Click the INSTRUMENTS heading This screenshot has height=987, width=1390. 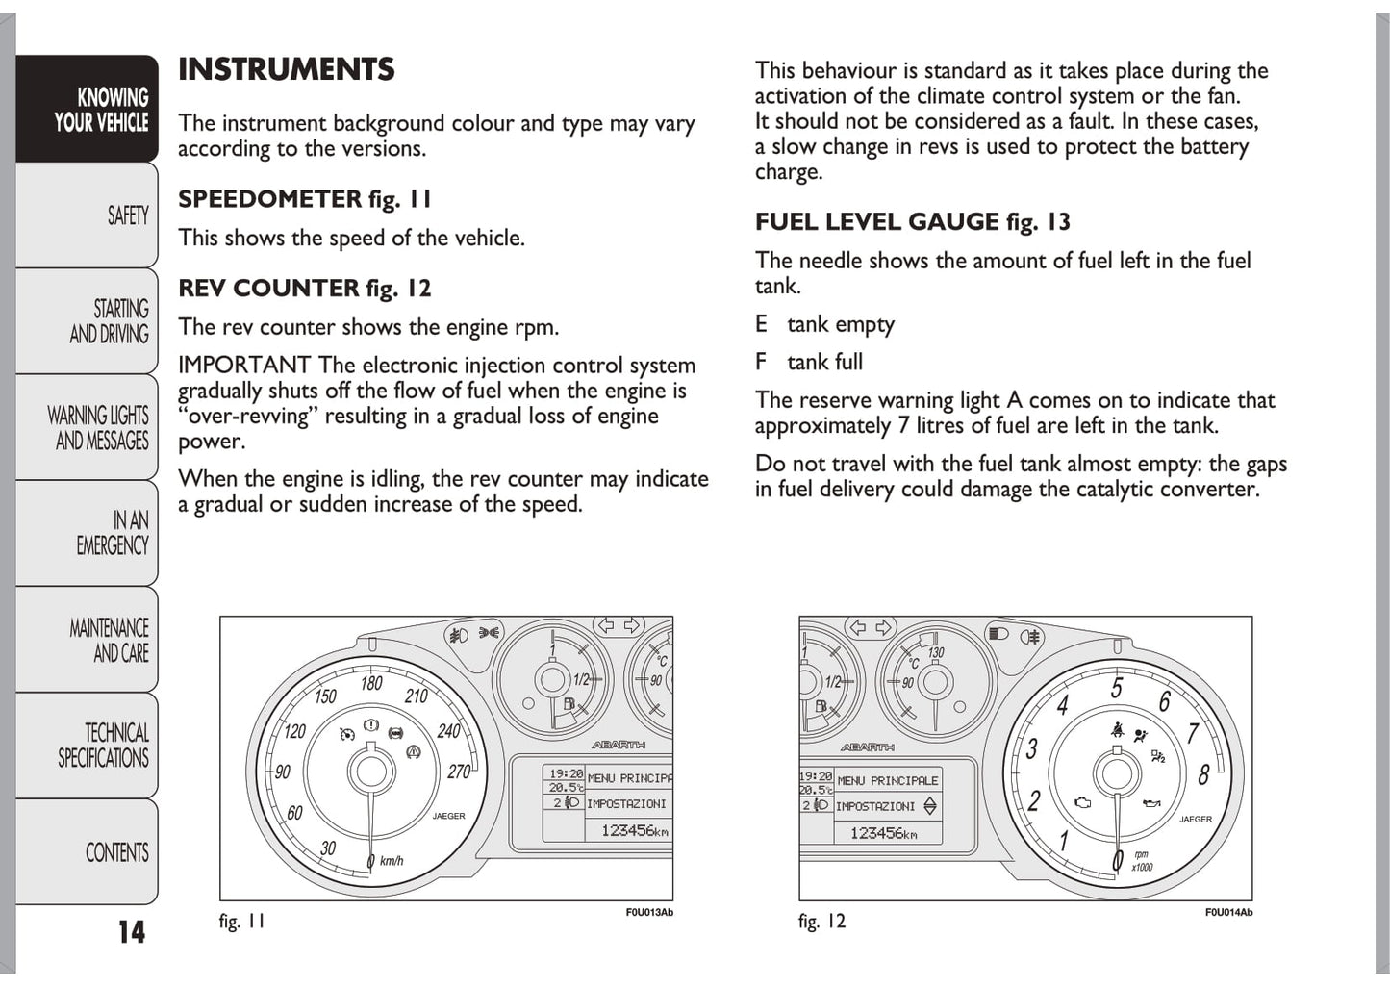(286, 69)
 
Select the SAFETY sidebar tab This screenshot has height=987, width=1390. (127, 215)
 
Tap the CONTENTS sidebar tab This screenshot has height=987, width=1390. (116, 852)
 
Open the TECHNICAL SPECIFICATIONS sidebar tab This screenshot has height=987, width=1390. (104, 746)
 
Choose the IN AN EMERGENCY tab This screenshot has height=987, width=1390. (113, 533)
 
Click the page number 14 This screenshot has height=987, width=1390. (131, 931)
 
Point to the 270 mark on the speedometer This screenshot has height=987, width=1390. (459, 772)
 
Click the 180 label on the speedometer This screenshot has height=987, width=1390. (371, 684)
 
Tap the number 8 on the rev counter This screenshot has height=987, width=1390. (1203, 773)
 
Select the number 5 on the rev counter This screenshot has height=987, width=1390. (1116, 689)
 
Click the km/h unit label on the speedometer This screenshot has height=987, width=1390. (392, 861)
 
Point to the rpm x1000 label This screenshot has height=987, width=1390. (1142, 860)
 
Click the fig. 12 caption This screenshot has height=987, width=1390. (821, 922)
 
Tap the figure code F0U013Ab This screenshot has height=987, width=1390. (649, 912)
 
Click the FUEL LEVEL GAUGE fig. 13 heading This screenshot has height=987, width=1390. (912, 222)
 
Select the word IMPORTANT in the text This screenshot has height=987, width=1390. (244, 366)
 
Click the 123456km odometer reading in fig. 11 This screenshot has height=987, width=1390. (633, 830)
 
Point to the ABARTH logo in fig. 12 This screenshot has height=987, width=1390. (867, 747)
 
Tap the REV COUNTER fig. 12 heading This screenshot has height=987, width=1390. (304, 289)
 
